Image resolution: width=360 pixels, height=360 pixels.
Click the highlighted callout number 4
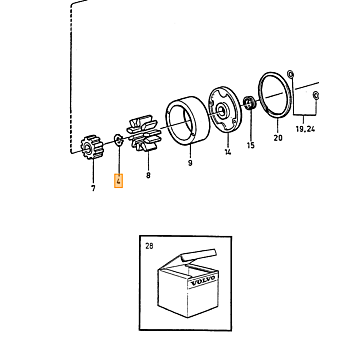click(118, 181)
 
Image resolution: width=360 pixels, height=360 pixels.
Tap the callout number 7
click(93, 188)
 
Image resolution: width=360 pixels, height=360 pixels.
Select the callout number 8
click(148, 175)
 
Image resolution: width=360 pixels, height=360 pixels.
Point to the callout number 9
click(190, 163)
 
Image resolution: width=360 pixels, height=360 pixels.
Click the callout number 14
click(228, 152)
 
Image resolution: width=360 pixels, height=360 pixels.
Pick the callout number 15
click(251, 145)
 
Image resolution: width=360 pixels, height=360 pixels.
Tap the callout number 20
click(278, 138)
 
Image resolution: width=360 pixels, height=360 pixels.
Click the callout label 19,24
click(305, 129)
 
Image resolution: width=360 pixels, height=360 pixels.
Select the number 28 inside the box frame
click(149, 246)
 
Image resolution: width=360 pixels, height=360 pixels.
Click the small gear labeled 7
click(92, 147)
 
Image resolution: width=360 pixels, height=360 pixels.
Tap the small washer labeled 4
click(118, 139)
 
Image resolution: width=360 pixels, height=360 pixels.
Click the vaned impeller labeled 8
click(144, 133)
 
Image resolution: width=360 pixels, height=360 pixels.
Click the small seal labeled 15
click(249, 103)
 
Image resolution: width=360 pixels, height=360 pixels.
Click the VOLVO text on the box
click(203, 281)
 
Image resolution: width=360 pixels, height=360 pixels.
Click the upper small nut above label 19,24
click(291, 74)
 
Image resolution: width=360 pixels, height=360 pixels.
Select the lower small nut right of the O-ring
click(316, 95)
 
